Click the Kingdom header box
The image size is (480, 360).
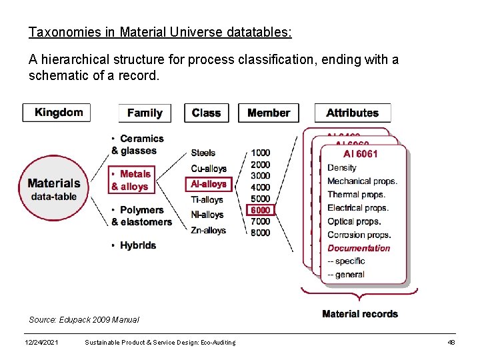(57, 112)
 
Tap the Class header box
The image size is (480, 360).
(206, 113)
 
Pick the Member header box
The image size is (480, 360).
(268, 113)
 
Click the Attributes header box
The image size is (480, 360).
(352, 113)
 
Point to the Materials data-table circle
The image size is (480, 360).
(54, 188)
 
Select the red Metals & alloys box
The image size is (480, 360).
(130, 180)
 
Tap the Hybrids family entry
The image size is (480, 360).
(137, 245)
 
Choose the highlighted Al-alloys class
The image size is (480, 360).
(209, 183)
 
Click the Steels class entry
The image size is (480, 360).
(203, 153)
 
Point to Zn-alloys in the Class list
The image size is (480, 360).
(208, 231)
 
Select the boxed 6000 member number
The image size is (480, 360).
(261, 210)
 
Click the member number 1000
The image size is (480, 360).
(261, 153)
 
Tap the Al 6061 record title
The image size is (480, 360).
(360, 154)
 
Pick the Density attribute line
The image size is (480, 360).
(342, 168)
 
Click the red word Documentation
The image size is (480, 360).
(359, 248)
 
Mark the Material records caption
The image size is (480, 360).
(359, 314)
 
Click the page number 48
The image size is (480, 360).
(451, 342)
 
